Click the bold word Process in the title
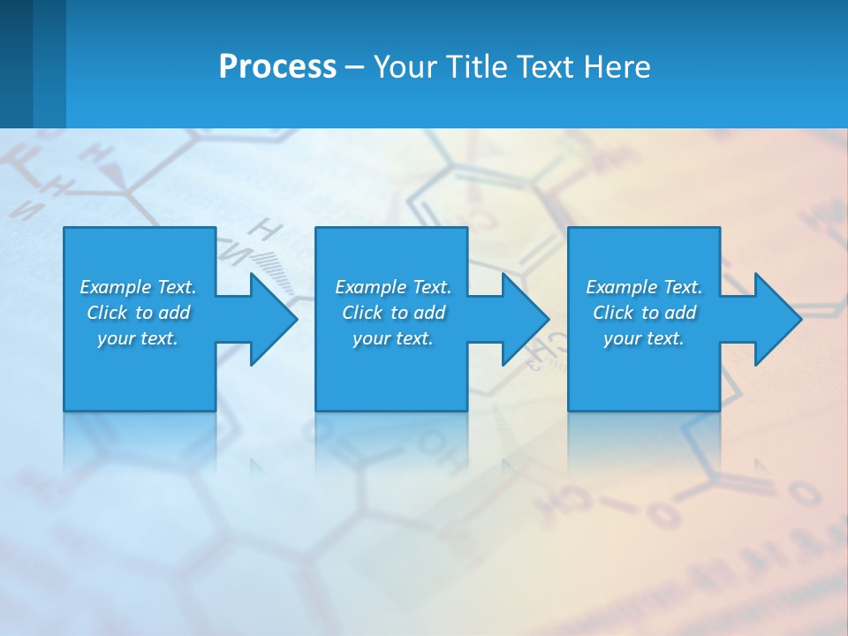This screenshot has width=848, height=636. coord(277,67)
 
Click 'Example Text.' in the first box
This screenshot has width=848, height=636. coord(138,287)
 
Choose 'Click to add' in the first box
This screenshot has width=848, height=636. coord(138,313)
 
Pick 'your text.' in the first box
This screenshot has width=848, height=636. coord(138,338)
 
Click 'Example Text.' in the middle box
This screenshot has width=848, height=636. coord(393,287)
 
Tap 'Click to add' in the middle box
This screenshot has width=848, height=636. coord(393,313)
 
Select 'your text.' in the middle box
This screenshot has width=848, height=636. coord(393,338)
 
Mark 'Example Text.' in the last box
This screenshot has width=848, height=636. coord(644,287)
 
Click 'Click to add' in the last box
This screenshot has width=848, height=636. coord(644,313)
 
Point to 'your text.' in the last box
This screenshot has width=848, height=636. coord(644,338)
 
